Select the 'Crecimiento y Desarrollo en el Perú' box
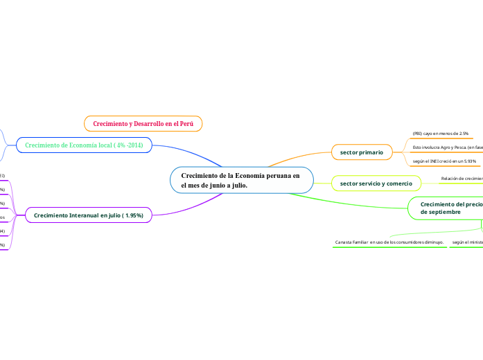point(143,123)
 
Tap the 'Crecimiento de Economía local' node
point(84,145)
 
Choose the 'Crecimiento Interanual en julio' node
point(88,215)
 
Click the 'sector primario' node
point(361,151)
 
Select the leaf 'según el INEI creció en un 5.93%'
point(439,161)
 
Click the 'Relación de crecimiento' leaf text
point(462,178)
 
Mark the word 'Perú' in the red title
point(186,123)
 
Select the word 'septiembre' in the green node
point(444,212)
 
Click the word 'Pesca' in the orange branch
point(457,147)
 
